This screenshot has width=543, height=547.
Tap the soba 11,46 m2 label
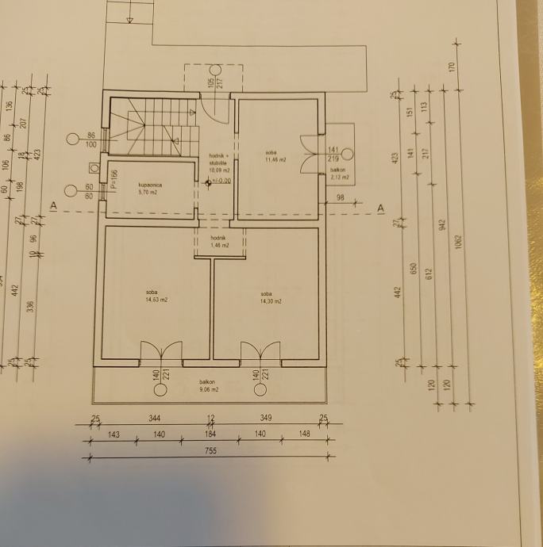(x=275, y=156)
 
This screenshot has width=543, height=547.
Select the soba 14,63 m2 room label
(x=156, y=296)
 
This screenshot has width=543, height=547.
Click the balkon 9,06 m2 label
(x=209, y=386)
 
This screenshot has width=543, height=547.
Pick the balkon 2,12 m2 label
(x=338, y=173)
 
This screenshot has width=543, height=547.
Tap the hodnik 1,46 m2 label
(x=220, y=242)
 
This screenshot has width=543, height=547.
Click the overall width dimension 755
(x=210, y=450)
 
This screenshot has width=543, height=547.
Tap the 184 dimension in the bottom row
(x=211, y=434)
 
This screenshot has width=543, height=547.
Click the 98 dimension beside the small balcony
(x=340, y=198)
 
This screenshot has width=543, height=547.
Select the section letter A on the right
(x=381, y=208)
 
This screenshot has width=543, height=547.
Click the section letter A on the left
(x=53, y=206)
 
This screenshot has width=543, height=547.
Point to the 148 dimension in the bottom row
(x=305, y=434)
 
